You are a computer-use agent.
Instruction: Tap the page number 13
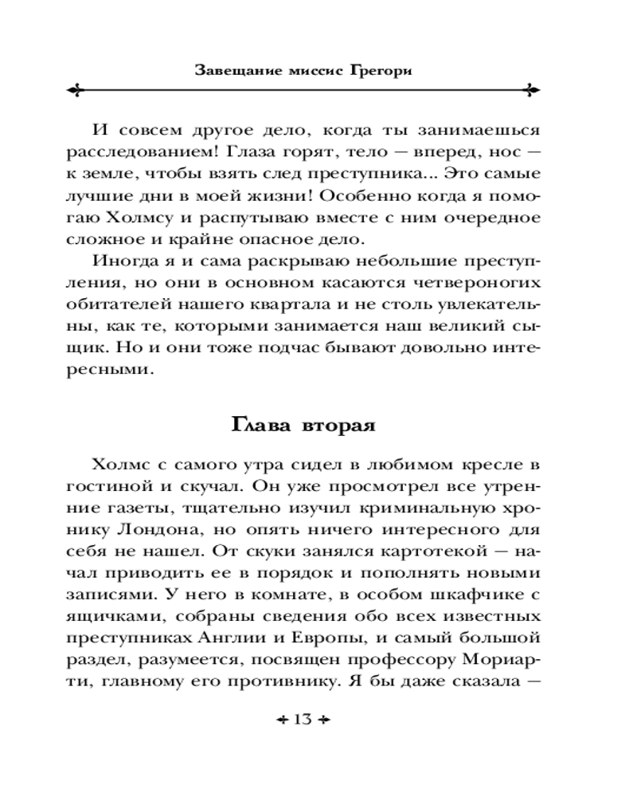[x=303, y=720]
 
